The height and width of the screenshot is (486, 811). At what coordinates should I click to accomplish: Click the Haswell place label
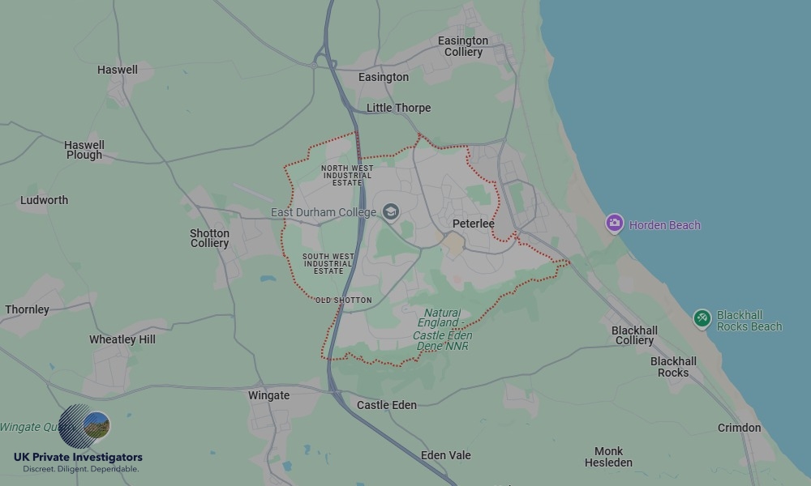118,70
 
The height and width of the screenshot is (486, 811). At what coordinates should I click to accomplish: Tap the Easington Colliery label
463,46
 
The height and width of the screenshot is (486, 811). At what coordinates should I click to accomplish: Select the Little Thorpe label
398,108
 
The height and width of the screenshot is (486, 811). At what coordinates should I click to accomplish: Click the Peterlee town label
474,224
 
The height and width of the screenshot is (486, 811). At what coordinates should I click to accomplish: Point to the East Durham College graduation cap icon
391,212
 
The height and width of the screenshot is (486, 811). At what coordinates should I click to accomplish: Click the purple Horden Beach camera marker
615,223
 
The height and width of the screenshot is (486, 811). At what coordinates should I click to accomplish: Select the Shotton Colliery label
210,238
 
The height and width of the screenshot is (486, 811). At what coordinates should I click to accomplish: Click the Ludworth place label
45,200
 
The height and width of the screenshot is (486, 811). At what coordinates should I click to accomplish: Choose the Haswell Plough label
84,150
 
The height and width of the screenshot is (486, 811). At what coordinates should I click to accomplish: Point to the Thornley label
28,309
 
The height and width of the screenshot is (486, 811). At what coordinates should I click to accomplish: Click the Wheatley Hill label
122,339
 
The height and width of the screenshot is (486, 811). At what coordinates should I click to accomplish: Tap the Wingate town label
268,395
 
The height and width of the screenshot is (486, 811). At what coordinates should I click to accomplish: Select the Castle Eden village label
387,405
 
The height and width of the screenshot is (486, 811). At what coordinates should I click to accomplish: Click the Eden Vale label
445,455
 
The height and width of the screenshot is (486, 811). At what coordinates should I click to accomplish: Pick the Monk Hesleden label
608,457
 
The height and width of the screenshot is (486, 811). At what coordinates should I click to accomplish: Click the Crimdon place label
739,428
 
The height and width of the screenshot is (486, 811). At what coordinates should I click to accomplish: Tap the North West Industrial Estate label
346,175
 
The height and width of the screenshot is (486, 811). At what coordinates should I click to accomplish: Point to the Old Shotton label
344,301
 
